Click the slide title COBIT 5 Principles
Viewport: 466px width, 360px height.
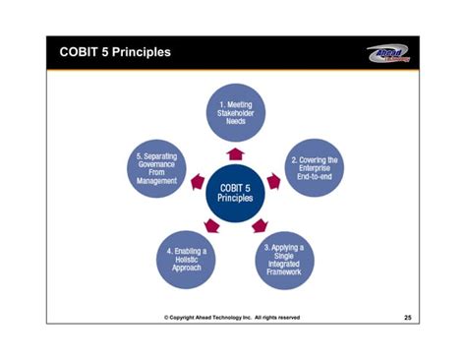pyautogui.click(x=114, y=52)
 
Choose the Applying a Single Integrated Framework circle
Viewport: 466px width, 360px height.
pyautogui.click(x=284, y=257)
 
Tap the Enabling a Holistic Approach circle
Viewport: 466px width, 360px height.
pyautogui.click(x=186, y=258)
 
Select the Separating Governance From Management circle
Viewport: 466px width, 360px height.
pyautogui.click(x=157, y=168)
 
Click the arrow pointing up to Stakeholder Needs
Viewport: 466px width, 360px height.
pyautogui.click(x=235, y=152)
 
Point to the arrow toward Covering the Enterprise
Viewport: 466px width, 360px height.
pyautogui.click(x=274, y=181)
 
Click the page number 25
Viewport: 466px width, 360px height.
pyautogui.click(x=408, y=318)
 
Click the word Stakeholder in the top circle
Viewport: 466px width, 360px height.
pyautogui.click(x=235, y=113)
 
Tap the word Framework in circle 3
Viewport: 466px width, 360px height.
pyautogui.click(x=284, y=272)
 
